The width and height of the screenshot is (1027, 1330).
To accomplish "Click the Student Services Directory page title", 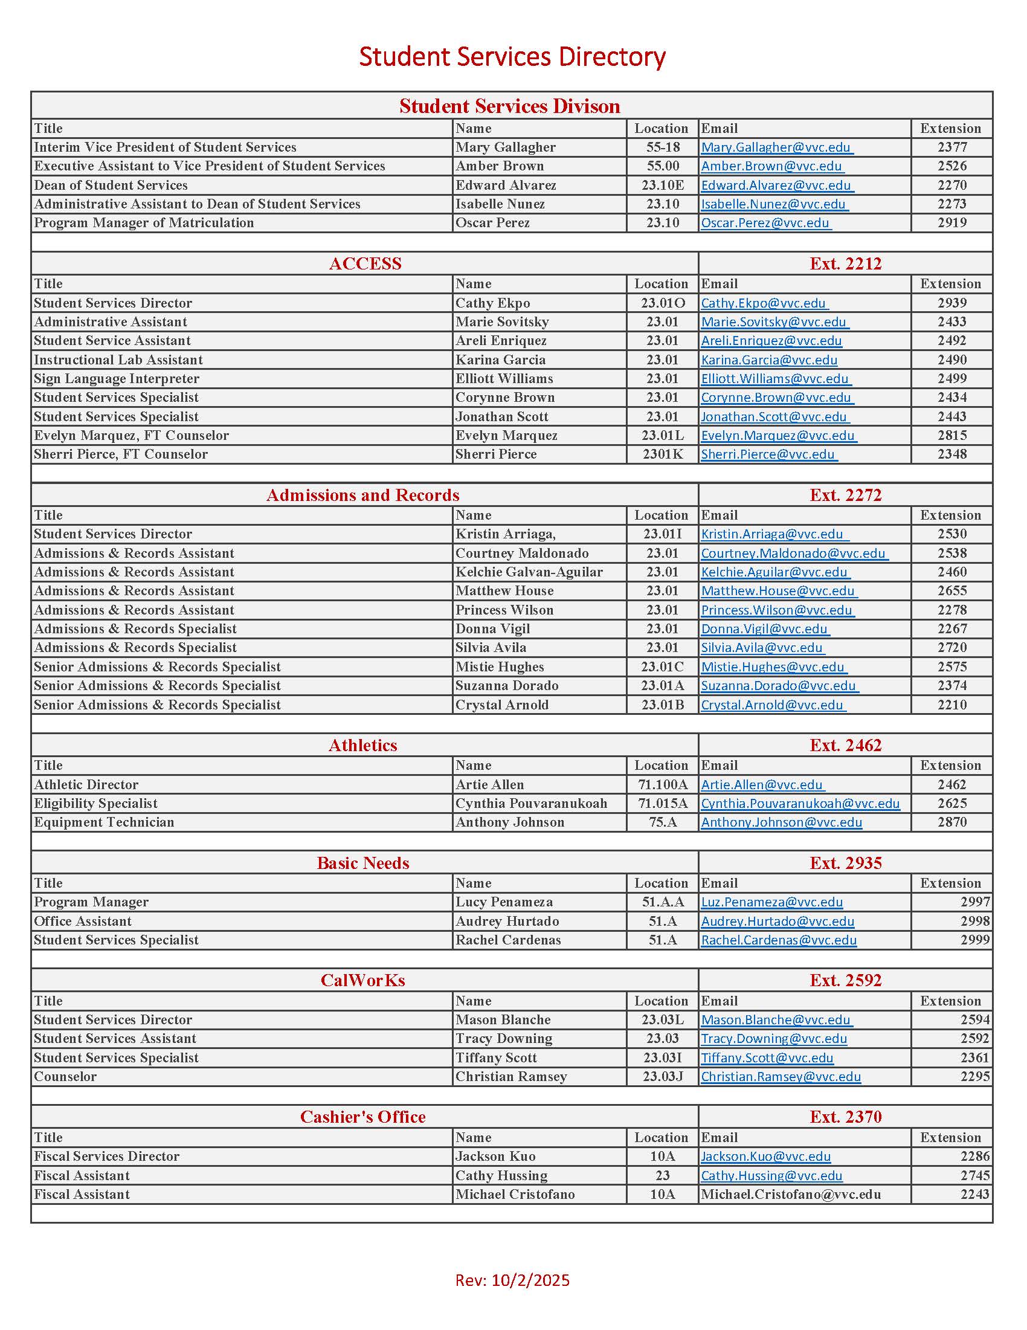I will [512, 57].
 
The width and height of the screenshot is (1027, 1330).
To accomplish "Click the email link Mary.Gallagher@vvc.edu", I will [776, 147].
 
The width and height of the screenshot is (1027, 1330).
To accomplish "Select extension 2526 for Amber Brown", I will [951, 166].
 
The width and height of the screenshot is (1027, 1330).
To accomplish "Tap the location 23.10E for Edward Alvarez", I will [662, 185].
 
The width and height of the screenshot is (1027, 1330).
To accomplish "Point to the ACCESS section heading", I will [365, 263].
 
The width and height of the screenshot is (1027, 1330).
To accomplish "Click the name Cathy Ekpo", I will [492, 303].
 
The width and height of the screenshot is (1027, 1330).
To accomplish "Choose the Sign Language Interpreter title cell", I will [116, 379].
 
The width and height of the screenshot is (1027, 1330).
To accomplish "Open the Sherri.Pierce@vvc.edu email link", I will [768, 454].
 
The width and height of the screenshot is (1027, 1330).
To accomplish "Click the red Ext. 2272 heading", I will [845, 495].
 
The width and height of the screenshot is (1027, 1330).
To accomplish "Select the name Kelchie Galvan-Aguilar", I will [529, 572].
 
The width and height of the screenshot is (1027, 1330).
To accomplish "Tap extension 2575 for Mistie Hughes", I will [951, 667].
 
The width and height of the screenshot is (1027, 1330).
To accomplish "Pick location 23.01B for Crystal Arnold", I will [662, 705].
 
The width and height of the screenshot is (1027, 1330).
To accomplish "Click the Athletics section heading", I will [363, 746].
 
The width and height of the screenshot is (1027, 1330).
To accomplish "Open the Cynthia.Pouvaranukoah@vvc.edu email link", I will [800, 804].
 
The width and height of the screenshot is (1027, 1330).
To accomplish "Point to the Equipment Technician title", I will [104, 823].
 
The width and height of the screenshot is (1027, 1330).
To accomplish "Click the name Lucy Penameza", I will [504, 902].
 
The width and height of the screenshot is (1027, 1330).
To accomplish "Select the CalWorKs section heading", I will [363, 981].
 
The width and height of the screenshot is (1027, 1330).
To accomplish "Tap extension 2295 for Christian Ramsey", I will [974, 1077].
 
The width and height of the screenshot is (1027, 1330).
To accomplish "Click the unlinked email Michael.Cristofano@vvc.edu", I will [791, 1195].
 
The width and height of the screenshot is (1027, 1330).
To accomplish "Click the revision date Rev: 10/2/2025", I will [512, 1280].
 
